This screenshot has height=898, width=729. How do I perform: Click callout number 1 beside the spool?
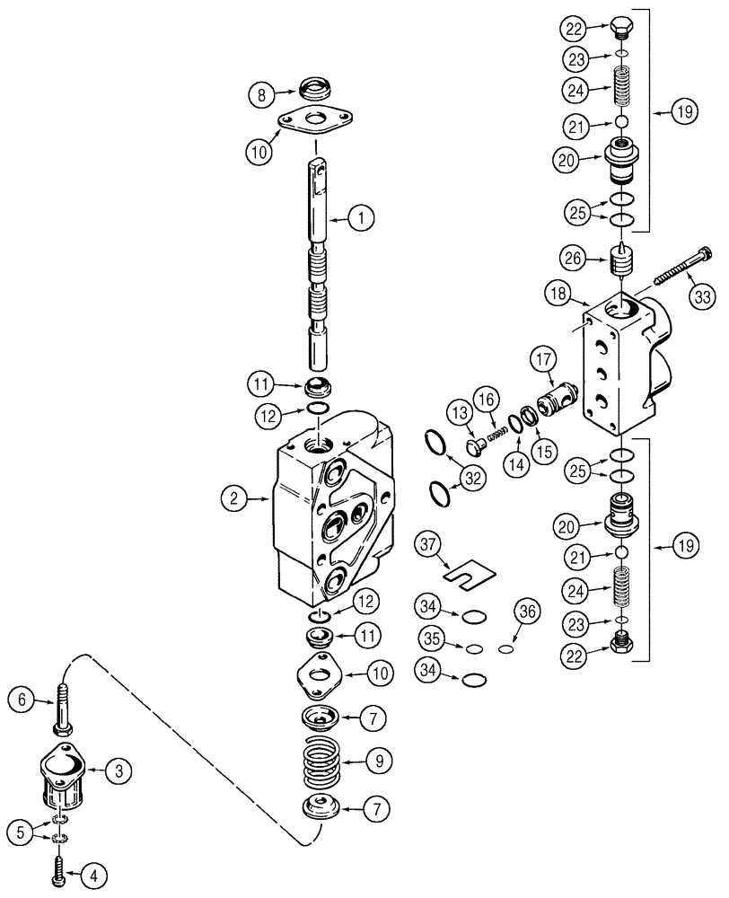click(x=363, y=216)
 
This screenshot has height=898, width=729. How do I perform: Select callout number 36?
click(x=526, y=612)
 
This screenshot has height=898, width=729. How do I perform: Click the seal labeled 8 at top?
click(x=311, y=92)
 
